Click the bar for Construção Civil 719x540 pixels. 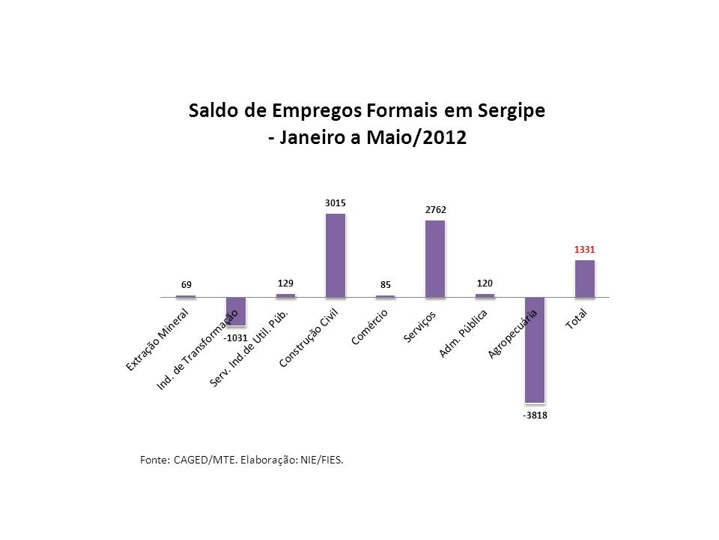point(336,255)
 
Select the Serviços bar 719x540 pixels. point(435,259)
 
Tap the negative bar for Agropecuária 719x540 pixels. point(535,349)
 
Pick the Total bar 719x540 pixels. point(585,278)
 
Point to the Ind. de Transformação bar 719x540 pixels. point(236,311)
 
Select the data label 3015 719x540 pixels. point(336,202)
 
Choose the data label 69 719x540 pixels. point(186,284)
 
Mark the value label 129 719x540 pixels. point(285,283)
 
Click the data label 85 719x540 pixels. point(385,284)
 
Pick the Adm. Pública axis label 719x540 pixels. point(463,333)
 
